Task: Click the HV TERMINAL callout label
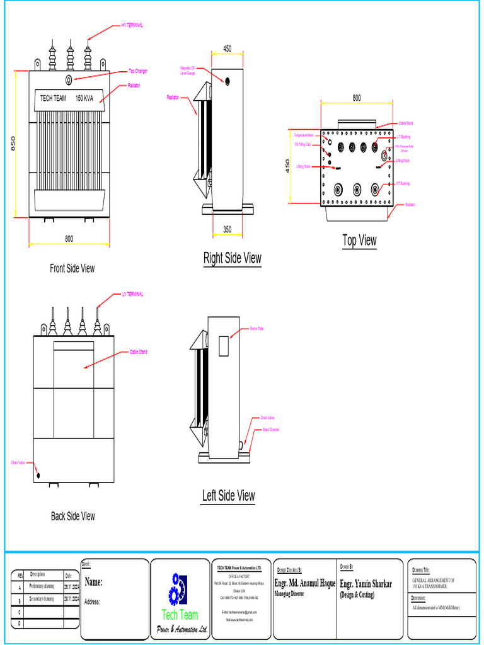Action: [x=132, y=26]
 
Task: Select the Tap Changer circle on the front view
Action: [x=70, y=79]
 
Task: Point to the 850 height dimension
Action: [x=13, y=144]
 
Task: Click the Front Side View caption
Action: [x=72, y=268]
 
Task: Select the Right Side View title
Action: [x=232, y=258]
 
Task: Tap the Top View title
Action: [x=359, y=240]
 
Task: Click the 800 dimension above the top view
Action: [x=357, y=98]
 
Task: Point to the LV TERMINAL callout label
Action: [x=132, y=294]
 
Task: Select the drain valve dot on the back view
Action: [x=38, y=476]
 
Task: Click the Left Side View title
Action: [x=228, y=496]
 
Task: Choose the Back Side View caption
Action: [x=73, y=517]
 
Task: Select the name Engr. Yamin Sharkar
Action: [x=366, y=584]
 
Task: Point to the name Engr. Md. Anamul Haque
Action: [x=305, y=584]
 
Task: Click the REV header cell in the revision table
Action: [x=20, y=576]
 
